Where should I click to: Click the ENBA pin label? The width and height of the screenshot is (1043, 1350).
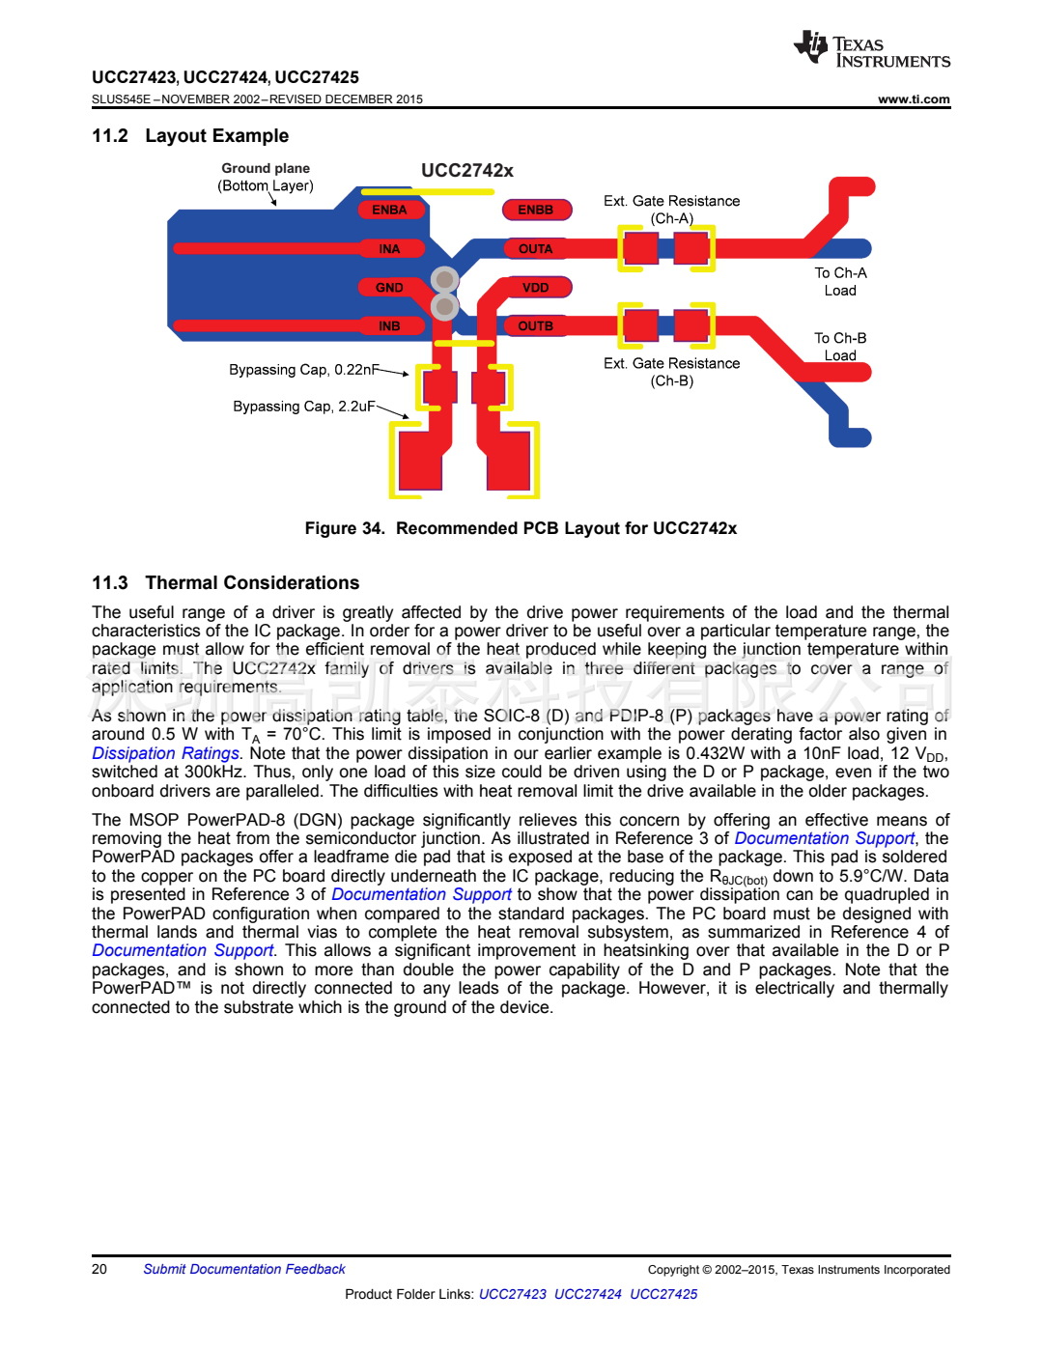(x=389, y=210)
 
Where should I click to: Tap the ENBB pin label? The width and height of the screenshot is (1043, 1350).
(x=535, y=210)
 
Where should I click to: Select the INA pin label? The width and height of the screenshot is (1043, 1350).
(x=389, y=249)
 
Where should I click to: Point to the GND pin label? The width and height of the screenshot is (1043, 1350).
(x=389, y=288)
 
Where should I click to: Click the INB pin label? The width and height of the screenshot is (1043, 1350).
(x=389, y=326)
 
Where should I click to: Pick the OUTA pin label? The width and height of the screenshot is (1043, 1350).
(x=535, y=249)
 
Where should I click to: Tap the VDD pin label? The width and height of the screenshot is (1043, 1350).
(x=535, y=288)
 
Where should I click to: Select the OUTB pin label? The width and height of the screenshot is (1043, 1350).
(x=535, y=326)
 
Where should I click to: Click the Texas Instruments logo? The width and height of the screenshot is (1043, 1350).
(x=871, y=49)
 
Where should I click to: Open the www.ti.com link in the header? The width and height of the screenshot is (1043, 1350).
(x=914, y=99)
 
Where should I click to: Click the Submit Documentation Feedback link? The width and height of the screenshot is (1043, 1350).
(x=243, y=1269)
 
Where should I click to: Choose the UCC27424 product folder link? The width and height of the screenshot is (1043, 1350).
(x=587, y=1294)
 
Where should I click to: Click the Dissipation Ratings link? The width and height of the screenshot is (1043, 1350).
(x=165, y=753)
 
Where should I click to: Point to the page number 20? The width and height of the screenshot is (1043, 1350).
(x=99, y=1269)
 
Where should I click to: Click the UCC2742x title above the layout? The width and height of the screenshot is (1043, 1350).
(x=466, y=171)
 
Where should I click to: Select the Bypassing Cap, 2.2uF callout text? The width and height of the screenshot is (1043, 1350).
(x=303, y=407)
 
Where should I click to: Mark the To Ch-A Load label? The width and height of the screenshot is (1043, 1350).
(x=840, y=282)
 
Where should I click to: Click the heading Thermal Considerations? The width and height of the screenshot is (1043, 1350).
(x=252, y=583)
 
